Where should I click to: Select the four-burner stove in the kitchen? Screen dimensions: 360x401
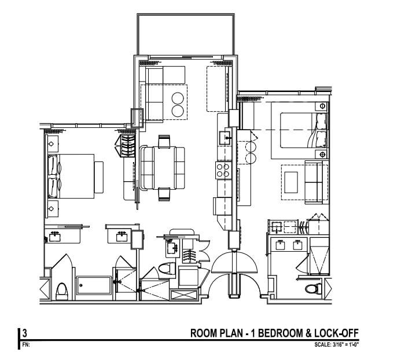click(x=223, y=170)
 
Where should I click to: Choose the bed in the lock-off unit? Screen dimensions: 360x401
click(x=303, y=130)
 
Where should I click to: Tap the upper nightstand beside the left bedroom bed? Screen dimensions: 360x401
click(x=51, y=143)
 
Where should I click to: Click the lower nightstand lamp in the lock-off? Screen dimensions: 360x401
click(x=322, y=155)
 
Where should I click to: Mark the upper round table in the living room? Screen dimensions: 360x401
click(x=179, y=93)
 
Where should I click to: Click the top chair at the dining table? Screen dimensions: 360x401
click(x=164, y=140)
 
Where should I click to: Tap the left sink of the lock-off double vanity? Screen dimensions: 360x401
click(x=281, y=244)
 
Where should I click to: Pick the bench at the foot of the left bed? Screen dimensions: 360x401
click(x=99, y=177)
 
